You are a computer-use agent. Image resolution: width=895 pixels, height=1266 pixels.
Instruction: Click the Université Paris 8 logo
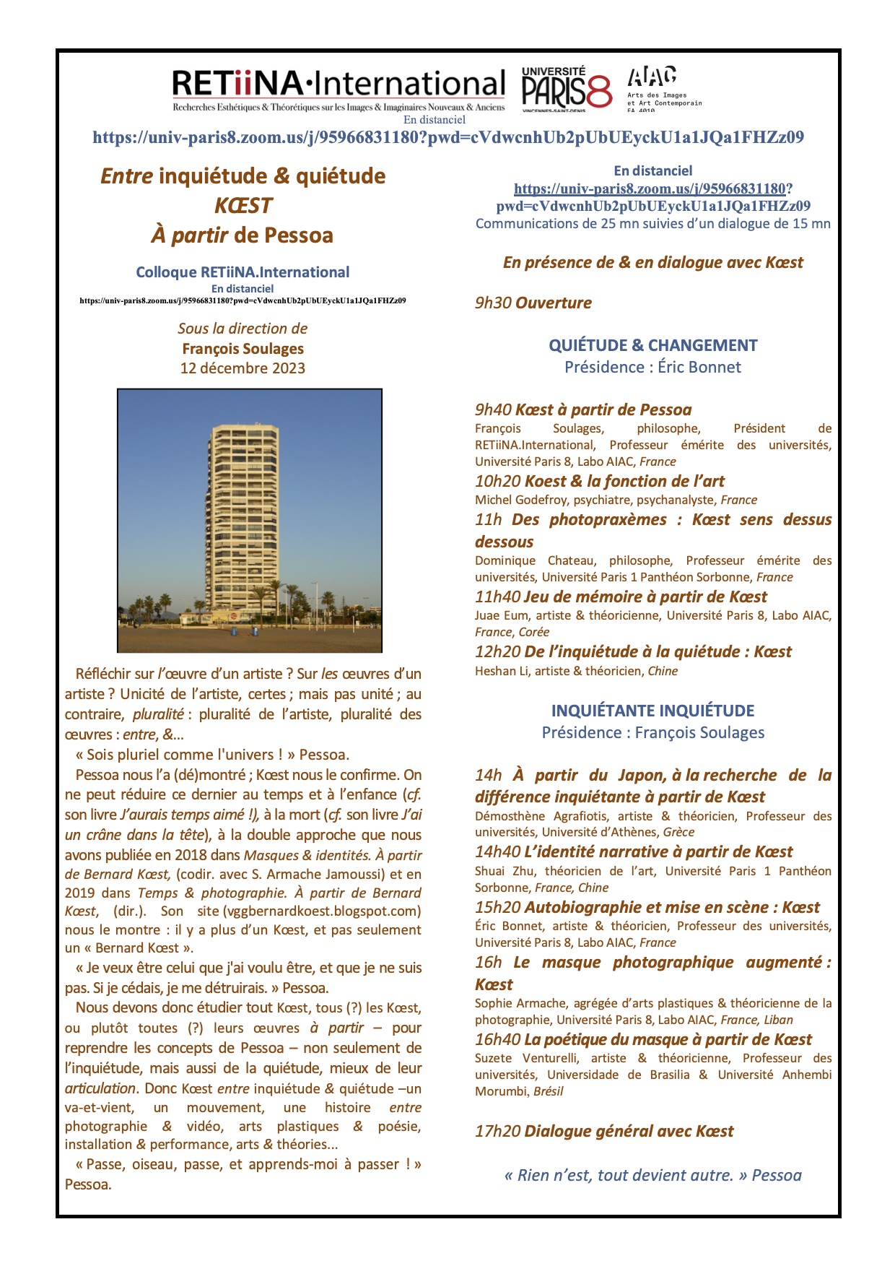pos(566,89)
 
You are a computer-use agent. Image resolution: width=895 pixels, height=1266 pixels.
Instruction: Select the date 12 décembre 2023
pos(243,368)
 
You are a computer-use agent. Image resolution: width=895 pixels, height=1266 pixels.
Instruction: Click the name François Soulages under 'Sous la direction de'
pos(243,349)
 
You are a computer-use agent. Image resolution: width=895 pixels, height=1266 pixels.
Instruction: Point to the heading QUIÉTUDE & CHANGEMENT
pos(652,345)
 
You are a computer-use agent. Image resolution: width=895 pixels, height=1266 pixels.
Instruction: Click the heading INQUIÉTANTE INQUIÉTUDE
pos(652,711)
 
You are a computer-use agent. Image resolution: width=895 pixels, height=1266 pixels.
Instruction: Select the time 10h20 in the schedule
pos(497,482)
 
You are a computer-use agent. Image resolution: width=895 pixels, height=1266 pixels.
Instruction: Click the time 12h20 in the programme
pos(497,652)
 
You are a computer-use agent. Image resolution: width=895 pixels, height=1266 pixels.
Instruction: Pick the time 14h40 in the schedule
pos(497,852)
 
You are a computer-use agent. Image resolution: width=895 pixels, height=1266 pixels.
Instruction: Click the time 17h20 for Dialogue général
pos(497,1132)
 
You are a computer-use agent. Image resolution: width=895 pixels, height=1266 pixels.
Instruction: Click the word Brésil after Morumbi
pos(548,1091)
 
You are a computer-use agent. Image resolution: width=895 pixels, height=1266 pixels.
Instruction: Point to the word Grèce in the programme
pos(678,832)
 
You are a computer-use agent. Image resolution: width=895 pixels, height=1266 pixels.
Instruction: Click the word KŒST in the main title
pos(243,206)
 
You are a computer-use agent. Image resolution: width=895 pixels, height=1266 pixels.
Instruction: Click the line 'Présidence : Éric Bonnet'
pos(652,367)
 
